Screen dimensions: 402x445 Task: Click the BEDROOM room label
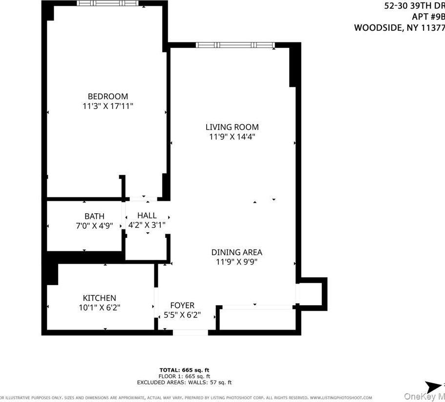click(107, 96)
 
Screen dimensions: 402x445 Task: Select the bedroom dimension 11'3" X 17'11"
click(107, 106)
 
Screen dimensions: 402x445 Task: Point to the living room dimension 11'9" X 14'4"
click(233, 137)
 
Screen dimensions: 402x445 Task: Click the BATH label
click(94, 216)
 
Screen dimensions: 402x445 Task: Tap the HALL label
click(147, 215)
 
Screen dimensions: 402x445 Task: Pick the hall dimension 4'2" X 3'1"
click(147, 225)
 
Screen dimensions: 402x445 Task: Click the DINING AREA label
click(236, 252)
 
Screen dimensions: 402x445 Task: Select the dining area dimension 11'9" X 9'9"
click(236, 262)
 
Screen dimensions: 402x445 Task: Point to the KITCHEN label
click(99, 298)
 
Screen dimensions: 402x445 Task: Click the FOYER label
click(182, 305)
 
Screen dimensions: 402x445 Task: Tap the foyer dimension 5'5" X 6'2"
click(182, 315)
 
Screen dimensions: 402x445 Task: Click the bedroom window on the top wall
click(107, 3)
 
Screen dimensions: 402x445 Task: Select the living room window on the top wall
click(235, 45)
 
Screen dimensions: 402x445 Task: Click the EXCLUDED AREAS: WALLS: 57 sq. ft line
click(184, 382)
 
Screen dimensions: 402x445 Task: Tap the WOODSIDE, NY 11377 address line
click(399, 28)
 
